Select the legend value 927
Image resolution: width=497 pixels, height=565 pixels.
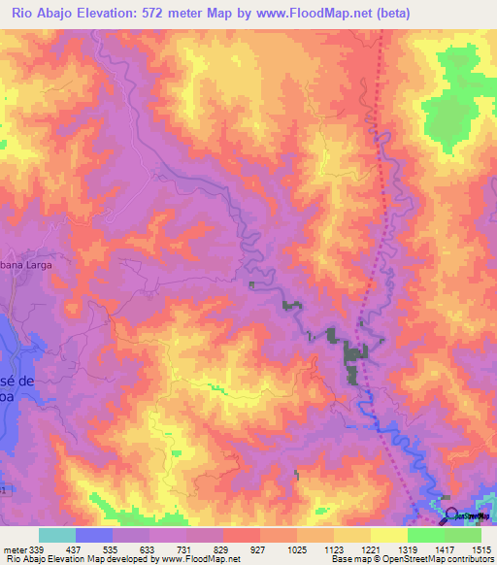click(256, 548)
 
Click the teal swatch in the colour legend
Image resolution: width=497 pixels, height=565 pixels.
click(56, 535)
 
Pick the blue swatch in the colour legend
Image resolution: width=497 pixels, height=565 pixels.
click(94, 535)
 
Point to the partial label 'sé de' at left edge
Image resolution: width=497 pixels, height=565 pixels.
click(17, 381)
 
